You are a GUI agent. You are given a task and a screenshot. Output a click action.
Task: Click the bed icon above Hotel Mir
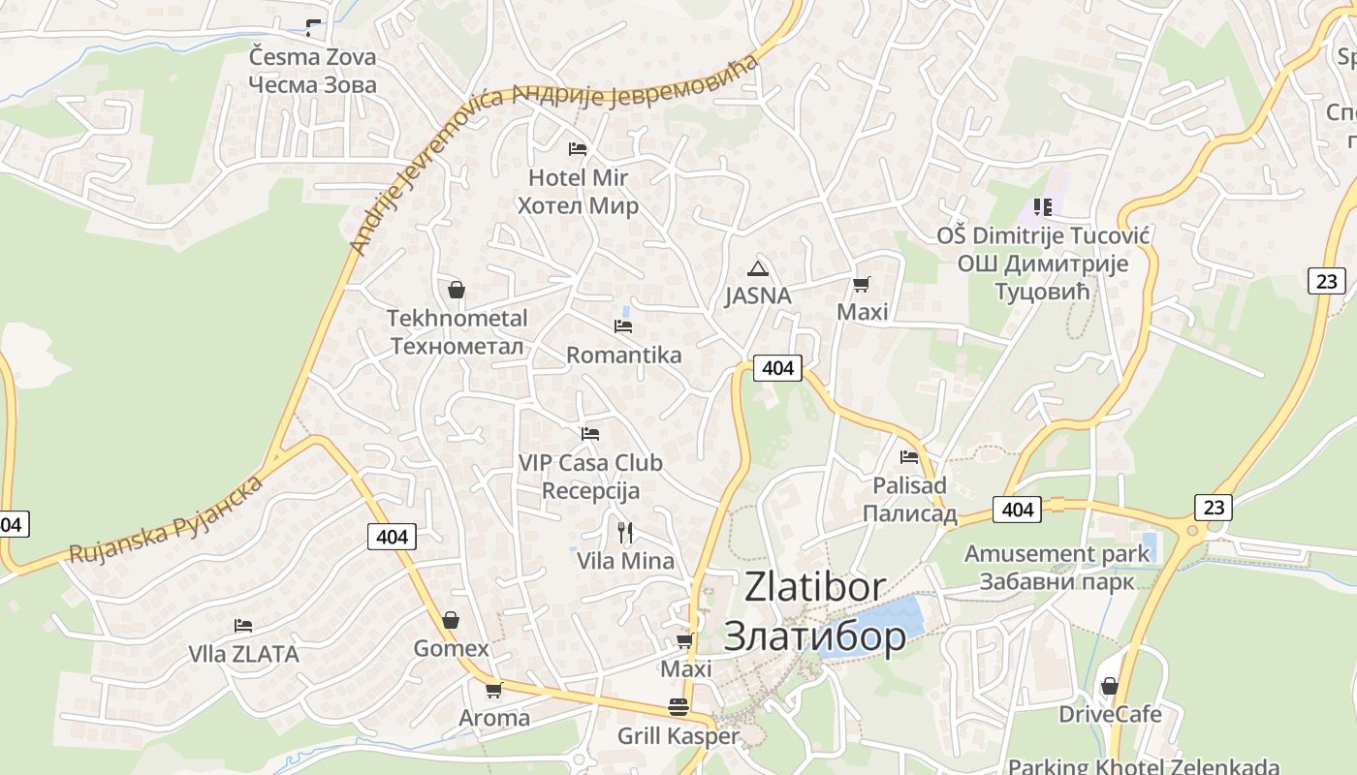point(577,148)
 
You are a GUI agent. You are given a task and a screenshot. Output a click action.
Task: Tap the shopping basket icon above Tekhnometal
point(456,289)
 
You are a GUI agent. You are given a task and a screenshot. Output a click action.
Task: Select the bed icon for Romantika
point(623,326)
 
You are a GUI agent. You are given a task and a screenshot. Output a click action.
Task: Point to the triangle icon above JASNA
point(757,268)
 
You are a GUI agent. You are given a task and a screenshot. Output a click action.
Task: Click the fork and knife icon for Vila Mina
point(625,532)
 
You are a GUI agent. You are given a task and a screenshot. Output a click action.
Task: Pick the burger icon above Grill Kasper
point(678,706)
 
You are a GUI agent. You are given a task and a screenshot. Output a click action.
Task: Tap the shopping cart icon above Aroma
point(493,690)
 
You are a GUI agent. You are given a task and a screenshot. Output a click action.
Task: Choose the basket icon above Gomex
point(450,619)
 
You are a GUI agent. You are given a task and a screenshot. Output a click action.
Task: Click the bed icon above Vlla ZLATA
point(243,626)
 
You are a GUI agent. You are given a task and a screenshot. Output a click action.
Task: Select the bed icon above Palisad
point(908,456)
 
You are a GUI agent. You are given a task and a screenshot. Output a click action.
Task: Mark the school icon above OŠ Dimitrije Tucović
point(1042,206)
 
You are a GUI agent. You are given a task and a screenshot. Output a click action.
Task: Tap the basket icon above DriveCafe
point(1109,686)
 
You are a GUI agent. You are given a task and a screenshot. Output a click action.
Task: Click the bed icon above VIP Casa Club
point(589,433)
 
